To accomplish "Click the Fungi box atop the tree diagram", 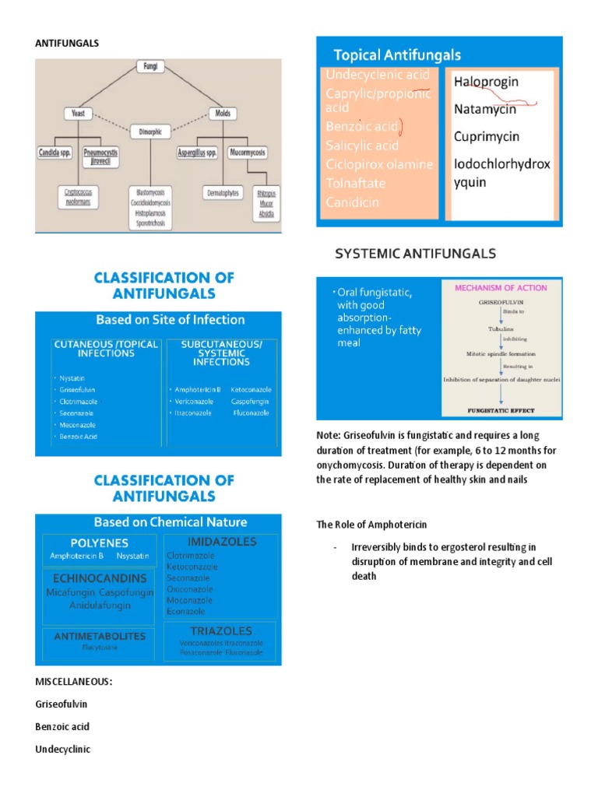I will coord(150,67).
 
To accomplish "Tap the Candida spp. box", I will coord(55,153).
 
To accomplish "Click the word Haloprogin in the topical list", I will coord(486,82).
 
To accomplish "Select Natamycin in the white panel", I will coord(484,109).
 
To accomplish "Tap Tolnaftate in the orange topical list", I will coord(357,183).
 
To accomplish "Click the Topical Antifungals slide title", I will coord(397,55).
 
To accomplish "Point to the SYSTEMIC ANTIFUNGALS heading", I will coord(415,254).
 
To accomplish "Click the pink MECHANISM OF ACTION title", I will coord(501,288).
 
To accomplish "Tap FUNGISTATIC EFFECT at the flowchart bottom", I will coord(502,408).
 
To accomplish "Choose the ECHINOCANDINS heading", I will coord(88,578).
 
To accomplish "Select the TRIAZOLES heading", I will coord(221,630).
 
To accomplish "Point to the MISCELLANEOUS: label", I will coord(73,682).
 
